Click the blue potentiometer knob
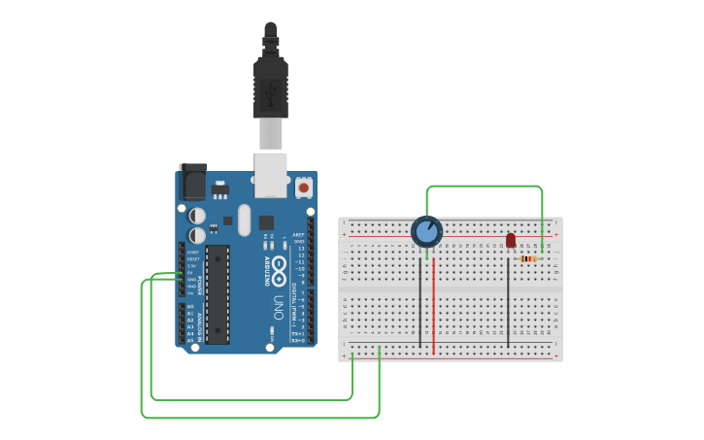[426, 231]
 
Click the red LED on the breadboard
[511, 240]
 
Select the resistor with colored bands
[528, 258]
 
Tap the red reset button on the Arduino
[304, 186]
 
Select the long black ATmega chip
[218, 293]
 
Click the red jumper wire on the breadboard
[433, 301]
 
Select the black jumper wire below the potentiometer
[420, 301]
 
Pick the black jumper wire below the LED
[508, 301]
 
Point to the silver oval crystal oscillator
[243, 219]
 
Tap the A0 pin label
[190, 307]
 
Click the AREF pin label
[299, 234]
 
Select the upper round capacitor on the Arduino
[197, 215]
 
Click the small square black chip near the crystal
[266, 222]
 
